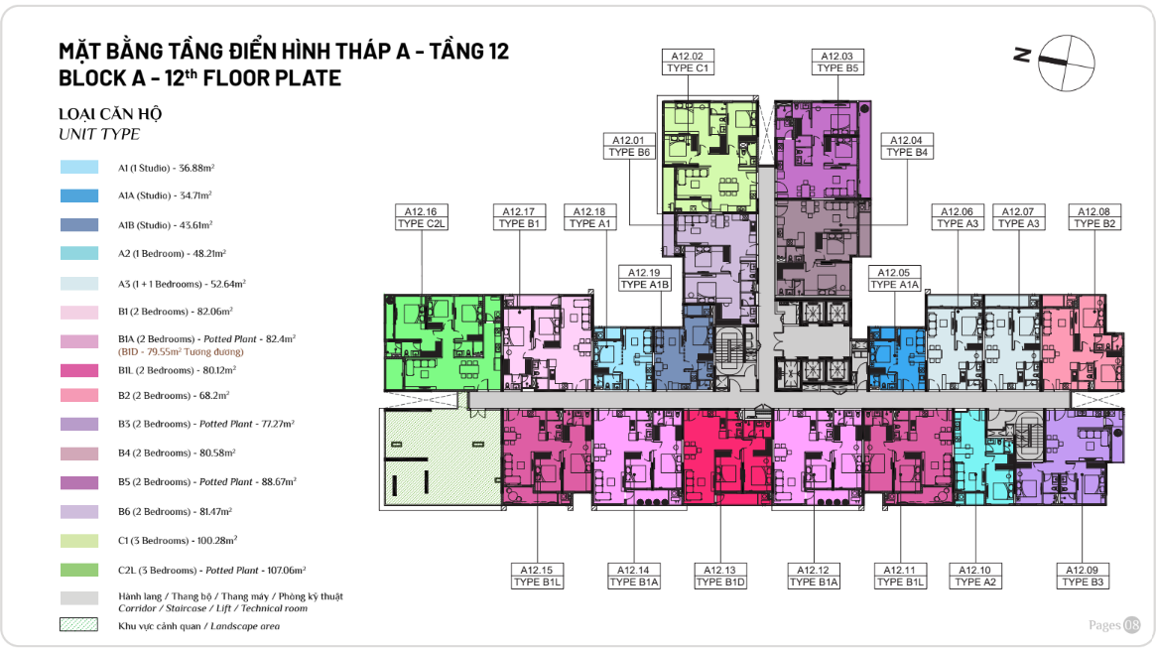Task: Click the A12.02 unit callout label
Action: coord(688,62)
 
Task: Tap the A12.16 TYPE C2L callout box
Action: coord(421,217)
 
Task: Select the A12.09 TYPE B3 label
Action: coord(1083,576)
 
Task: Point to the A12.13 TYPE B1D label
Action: coord(720,576)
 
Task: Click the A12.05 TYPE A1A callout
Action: coord(894,279)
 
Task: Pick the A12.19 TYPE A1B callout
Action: coord(644,279)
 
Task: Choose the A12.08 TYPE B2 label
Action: coord(1094,217)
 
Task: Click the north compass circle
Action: coord(1066,63)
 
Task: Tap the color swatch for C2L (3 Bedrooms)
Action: coord(78,570)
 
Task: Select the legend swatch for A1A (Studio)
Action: coord(78,196)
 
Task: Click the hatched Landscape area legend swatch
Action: coord(78,625)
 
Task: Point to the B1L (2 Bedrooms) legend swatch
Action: coord(78,370)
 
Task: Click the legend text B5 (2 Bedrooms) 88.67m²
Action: coord(207,482)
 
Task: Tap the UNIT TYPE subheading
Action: coord(99,134)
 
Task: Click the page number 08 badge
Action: coord(1131,625)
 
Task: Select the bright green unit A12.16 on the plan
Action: coord(444,342)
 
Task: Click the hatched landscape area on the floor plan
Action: coord(441,457)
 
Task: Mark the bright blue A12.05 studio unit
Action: coord(896,359)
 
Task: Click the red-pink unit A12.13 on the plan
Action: coord(727,456)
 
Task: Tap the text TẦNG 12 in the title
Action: coord(469,51)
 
